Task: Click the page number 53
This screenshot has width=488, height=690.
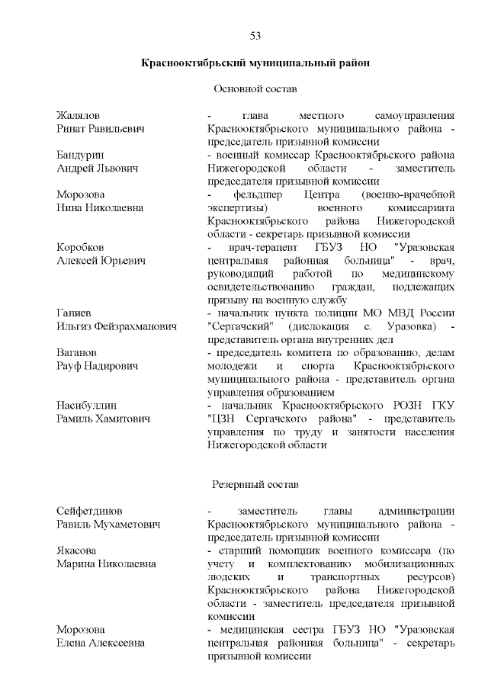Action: tap(255, 37)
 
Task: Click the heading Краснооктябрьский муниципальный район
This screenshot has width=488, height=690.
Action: tap(255, 64)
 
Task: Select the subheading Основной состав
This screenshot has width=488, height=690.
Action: tap(255, 89)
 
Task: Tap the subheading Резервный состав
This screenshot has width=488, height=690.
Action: tap(255, 484)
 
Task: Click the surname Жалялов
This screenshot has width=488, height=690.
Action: tap(79, 115)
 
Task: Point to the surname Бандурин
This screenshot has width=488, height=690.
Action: tap(80, 154)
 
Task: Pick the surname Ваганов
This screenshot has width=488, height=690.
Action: tap(77, 352)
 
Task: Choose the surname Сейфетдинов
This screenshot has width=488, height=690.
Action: tap(89, 510)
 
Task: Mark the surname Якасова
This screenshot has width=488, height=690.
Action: tap(79, 550)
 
